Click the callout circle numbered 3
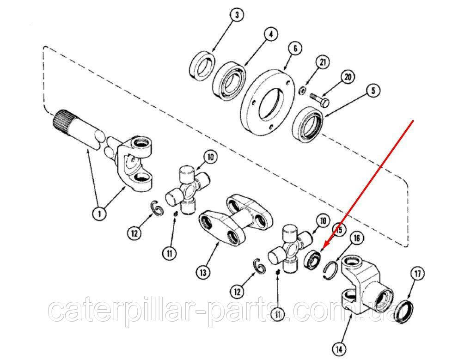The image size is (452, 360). (237, 15)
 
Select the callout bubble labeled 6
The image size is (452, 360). (294, 49)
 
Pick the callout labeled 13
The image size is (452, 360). (203, 272)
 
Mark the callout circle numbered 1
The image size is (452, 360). (99, 214)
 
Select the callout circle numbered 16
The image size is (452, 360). (356, 238)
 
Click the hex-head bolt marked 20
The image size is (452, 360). (320, 100)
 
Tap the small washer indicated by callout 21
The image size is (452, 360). (302, 91)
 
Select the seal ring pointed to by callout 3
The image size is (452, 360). (202, 66)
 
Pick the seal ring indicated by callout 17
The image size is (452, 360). (403, 311)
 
